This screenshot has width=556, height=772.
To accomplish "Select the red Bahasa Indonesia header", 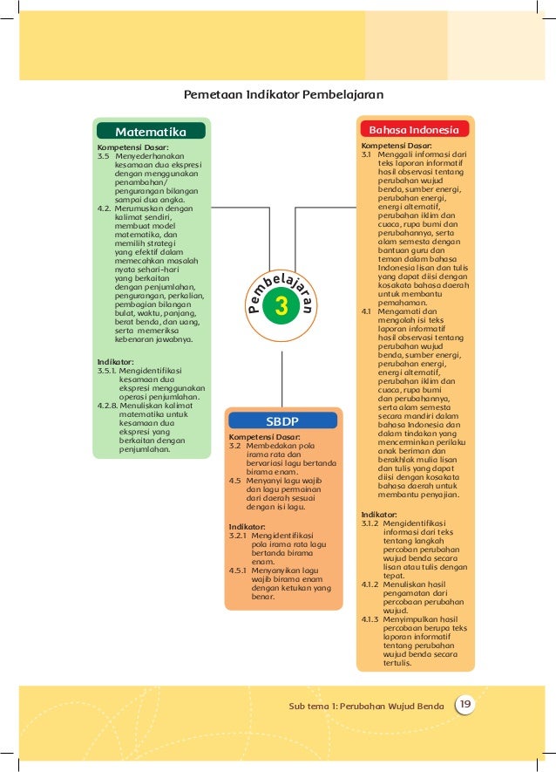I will (414, 129).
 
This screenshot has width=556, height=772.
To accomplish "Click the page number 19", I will (465, 704).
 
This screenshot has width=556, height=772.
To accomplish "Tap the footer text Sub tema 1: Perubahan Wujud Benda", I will (369, 705).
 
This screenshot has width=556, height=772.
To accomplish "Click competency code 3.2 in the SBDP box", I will (234, 445).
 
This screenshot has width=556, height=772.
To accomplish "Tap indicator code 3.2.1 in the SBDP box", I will (238, 535).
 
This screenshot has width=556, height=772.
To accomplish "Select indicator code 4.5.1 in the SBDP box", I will (238, 570).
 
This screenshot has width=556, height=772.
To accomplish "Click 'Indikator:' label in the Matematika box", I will (115, 360).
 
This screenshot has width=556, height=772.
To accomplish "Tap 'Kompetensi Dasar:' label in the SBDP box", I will (264, 436).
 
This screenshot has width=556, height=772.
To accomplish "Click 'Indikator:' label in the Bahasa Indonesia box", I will (379, 515).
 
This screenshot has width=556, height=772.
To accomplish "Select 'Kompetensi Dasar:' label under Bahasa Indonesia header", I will (397, 146).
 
